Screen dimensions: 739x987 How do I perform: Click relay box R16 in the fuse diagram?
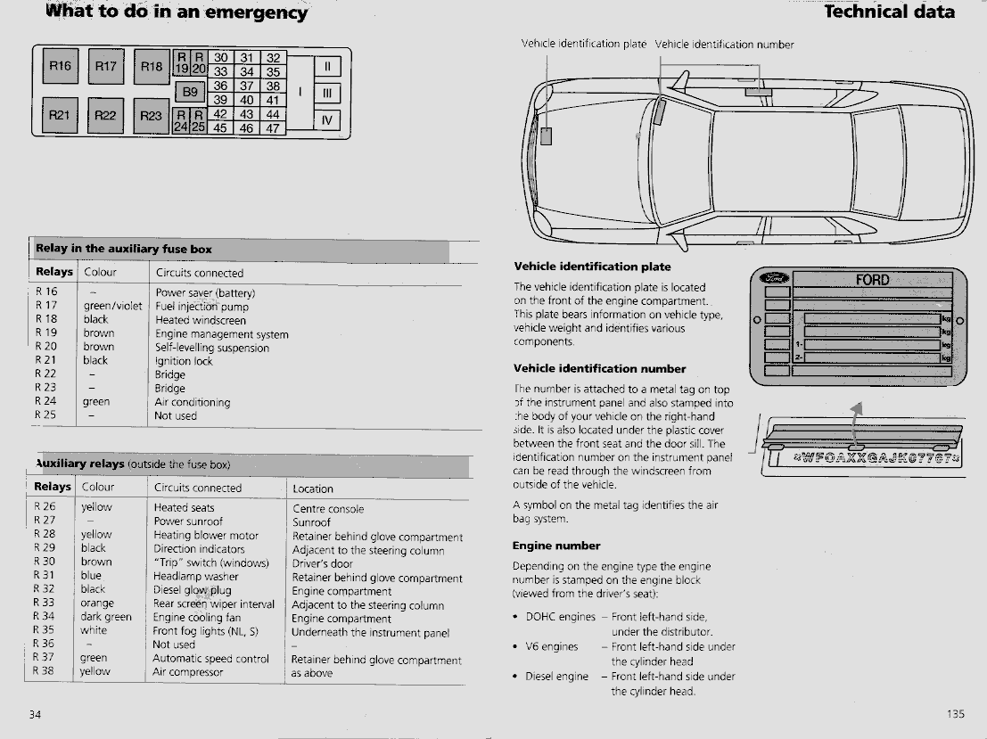click(x=60, y=66)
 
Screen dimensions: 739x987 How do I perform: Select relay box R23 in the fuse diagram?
click(x=152, y=115)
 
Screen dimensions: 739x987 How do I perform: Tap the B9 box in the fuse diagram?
click(x=190, y=92)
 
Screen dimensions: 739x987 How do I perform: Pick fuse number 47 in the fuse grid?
click(x=272, y=127)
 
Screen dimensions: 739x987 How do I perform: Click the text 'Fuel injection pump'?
click(x=202, y=307)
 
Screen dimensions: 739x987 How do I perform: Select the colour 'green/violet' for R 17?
click(x=112, y=307)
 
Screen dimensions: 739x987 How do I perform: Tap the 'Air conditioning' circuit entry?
click(x=192, y=402)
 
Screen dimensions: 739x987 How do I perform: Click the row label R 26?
click(x=45, y=507)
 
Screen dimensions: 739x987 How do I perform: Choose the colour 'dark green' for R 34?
click(x=106, y=617)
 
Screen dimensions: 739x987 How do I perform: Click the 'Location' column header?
click(x=313, y=489)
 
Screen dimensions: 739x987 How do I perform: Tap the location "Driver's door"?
click(x=323, y=563)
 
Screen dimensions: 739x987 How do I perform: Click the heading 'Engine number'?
click(x=556, y=546)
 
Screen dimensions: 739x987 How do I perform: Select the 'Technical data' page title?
click(x=889, y=12)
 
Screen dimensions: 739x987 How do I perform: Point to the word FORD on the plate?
click(x=872, y=280)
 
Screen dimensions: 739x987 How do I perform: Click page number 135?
click(x=955, y=713)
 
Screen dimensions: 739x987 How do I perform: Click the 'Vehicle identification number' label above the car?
click(x=724, y=45)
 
